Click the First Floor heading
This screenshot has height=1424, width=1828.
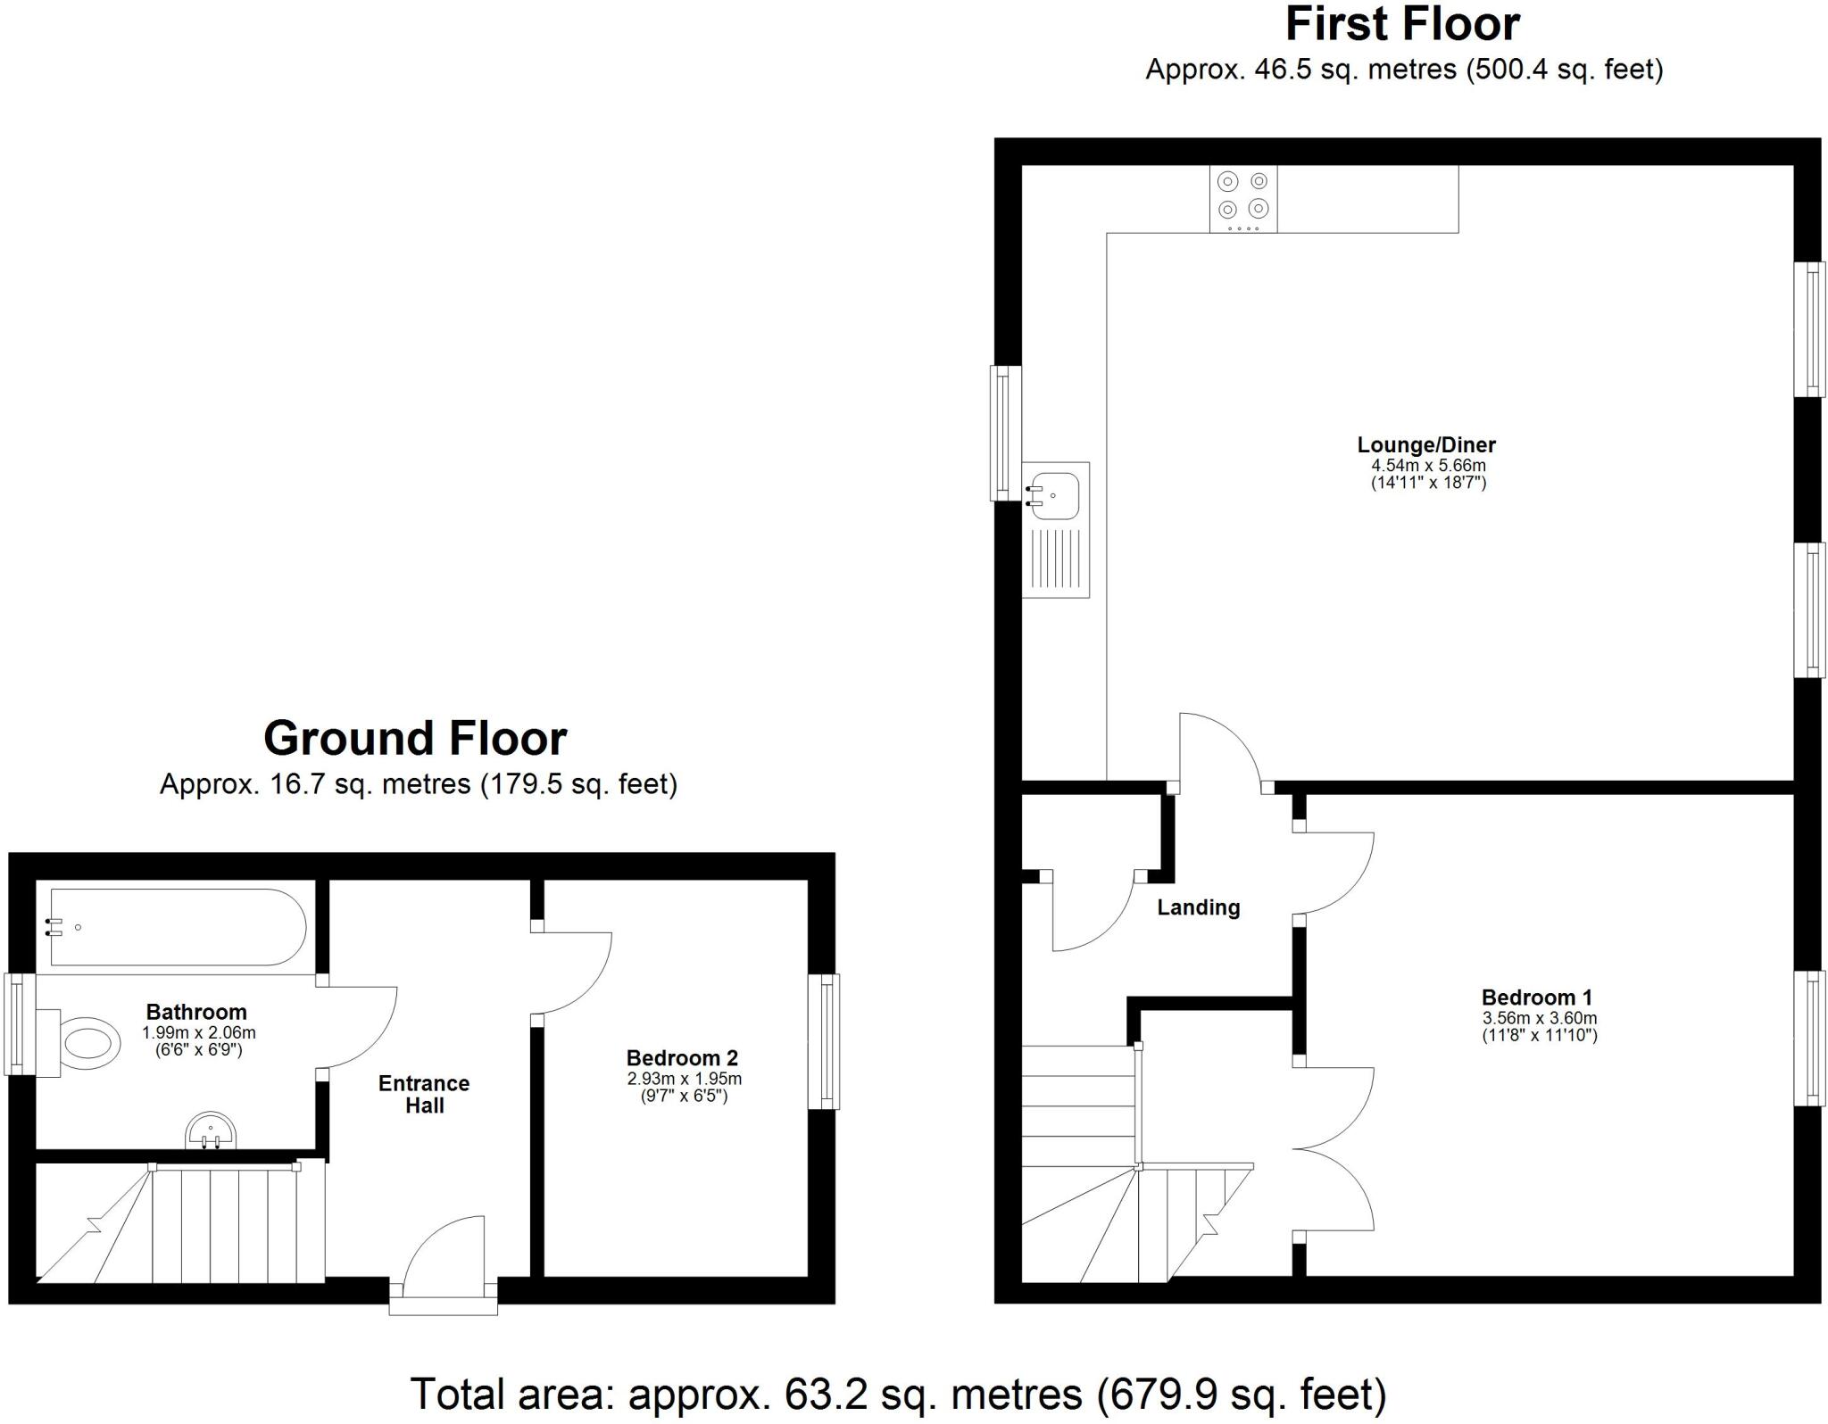[x=1402, y=25]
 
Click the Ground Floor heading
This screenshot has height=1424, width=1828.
[x=415, y=739]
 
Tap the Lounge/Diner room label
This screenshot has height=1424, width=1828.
[x=1426, y=444]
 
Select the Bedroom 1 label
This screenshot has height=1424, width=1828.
[x=1537, y=998]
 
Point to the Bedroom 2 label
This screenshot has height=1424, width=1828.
[x=682, y=1058]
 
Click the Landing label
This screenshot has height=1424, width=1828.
[x=1198, y=907]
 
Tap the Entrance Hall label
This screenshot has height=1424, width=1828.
[x=424, y=1094]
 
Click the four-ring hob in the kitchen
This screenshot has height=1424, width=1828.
[x=1243, y=199]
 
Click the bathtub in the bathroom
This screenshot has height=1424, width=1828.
[x=178, y=927]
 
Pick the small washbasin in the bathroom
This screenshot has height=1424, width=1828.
[x=212, y=1132]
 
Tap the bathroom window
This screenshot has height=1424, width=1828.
[x=18, y=1023]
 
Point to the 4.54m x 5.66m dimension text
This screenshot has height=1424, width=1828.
[x=1428, y=466]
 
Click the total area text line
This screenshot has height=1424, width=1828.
[x=898, y=1394]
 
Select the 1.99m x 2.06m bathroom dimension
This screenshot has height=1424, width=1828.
[x=198, y=1033]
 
